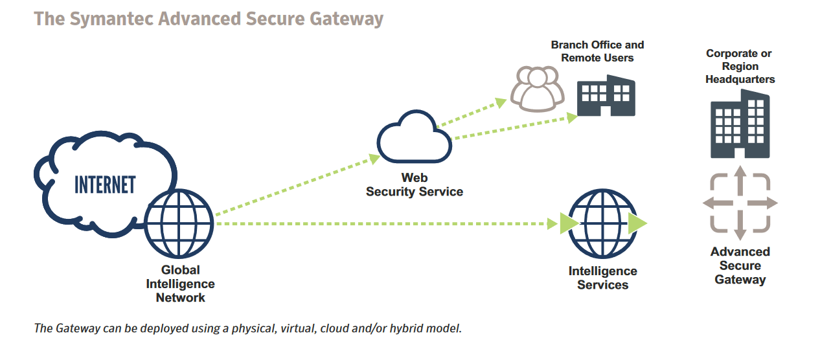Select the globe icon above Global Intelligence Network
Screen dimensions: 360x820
179,223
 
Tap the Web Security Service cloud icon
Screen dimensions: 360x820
414,137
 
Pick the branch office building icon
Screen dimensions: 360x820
606,97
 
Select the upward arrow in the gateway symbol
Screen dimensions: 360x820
740,179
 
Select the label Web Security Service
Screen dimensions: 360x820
414,185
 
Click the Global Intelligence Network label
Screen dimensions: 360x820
180,284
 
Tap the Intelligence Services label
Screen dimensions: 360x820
602,278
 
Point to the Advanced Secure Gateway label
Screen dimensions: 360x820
740,265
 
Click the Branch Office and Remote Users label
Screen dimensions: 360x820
597,51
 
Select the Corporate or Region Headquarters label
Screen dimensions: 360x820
740,66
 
